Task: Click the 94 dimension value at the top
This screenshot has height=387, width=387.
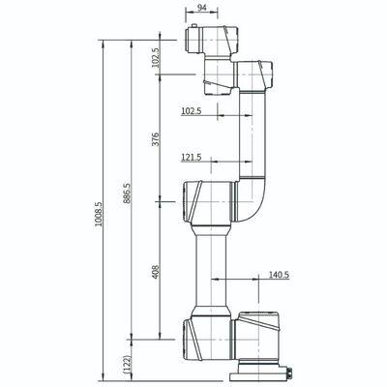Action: tap(201, 7)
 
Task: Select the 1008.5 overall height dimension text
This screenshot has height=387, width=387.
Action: tap(99, 214)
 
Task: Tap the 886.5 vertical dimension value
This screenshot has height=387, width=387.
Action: tap(127, 193)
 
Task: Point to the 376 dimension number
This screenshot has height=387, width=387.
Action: tap(156, 139)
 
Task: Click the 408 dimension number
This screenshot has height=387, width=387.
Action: tap(156, 272)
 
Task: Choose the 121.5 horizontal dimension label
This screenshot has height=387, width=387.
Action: tap(192, 157)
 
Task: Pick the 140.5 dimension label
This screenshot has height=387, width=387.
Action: tap(280, 275)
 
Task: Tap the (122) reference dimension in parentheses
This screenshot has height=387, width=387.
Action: tap(128, 364)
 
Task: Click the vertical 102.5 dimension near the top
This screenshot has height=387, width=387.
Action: tap(156, 57)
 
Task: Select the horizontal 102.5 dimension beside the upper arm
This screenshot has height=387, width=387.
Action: tap(192, 111)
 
